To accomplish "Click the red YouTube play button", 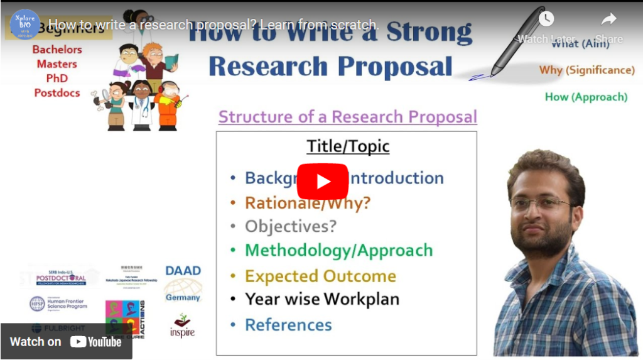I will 322,182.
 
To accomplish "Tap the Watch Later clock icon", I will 546,19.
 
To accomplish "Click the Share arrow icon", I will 608,19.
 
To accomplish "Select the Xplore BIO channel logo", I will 25,25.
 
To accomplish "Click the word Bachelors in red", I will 57,49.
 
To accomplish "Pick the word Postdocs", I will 57,93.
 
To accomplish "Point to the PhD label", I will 57,79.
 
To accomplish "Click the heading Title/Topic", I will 348,146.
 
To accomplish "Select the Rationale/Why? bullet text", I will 308,203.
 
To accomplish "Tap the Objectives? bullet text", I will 291,226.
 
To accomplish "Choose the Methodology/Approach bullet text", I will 338,250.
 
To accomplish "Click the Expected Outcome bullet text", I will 320,276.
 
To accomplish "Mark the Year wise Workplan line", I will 322,299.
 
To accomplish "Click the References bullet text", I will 288,325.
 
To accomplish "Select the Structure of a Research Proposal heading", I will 347,117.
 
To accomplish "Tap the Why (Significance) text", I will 586,70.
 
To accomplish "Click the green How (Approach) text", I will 586,97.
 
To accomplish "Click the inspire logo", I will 182,325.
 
